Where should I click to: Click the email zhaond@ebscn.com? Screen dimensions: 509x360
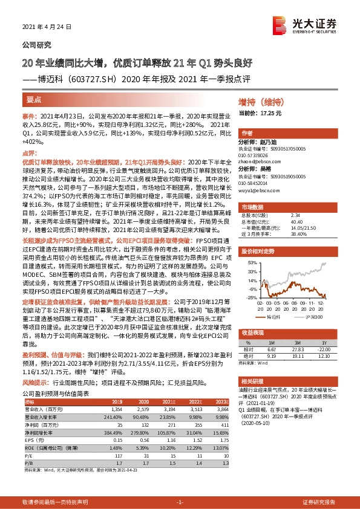click(258, 161)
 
